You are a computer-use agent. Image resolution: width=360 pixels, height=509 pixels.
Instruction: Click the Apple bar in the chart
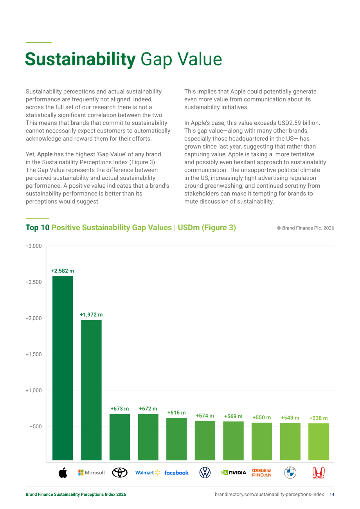(x=63, y=368)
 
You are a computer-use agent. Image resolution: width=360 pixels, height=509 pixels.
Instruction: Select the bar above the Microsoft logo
(x=91, y=390)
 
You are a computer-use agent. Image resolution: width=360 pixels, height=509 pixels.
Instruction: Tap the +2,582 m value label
(x=63, y=271)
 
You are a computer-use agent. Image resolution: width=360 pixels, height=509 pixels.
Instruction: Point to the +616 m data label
(x=176, y=412)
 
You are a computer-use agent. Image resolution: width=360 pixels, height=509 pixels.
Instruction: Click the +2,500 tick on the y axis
(x=34, y=282)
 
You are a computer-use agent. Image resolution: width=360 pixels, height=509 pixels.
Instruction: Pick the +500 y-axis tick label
(x=36, y=426)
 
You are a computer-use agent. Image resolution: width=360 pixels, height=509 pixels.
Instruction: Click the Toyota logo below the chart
(x=120, y=473)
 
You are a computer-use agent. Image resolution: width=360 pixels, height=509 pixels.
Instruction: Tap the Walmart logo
(x=148, y=473)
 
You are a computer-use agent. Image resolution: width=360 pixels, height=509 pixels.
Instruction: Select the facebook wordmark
(x=176, y=473)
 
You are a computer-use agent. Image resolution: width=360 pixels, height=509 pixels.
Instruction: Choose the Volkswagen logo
(x=205, y=473)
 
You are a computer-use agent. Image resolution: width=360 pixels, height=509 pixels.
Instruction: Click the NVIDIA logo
(x=233, y=473)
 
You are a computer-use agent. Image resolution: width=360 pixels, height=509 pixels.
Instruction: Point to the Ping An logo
(x=262, y=473)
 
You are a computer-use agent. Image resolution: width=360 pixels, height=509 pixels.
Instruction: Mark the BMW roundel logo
(x=290, y=473)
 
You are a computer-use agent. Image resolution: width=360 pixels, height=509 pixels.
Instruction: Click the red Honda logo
(x=319, y=473)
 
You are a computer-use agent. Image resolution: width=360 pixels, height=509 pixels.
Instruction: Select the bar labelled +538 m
(x=319, y=442)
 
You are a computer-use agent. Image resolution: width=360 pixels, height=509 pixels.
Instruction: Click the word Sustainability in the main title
(x=80, y=59)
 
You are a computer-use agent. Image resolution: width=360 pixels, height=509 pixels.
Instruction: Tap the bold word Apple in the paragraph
(x=45, y=154)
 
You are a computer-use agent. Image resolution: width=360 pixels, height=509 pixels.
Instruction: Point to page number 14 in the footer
(x=332, y=495)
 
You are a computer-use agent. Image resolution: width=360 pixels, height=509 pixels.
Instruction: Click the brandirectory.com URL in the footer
(x=269, y=495)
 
